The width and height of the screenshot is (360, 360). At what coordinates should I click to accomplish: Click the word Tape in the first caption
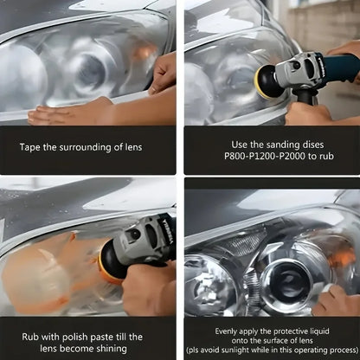coord(33,147)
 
